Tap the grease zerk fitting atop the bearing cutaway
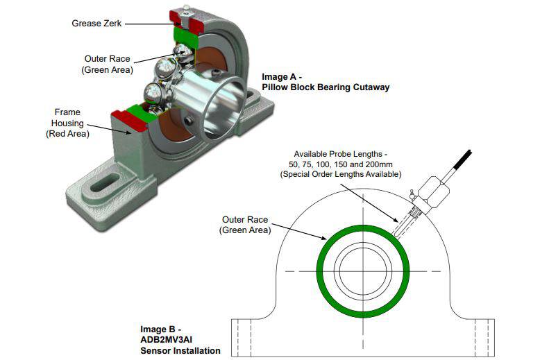point(186,10)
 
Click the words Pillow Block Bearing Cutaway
point(326,87)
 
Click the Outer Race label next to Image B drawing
point(244,225)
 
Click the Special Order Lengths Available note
point(341,174)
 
